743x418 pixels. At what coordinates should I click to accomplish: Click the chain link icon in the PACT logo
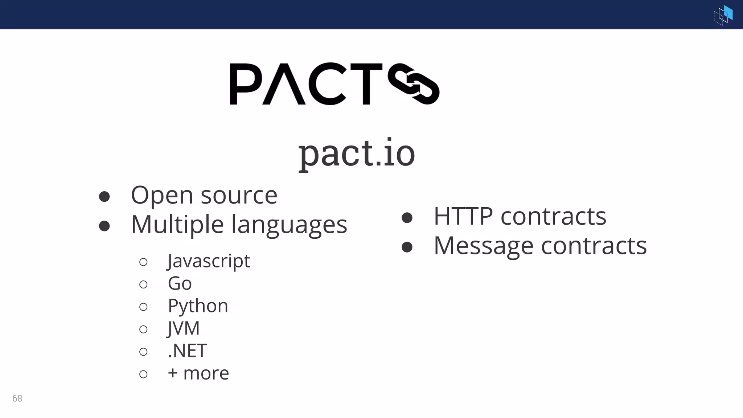click(414, 84)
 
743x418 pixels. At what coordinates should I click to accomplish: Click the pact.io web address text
click(357, 153)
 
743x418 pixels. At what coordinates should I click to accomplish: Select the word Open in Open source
click(162, 196)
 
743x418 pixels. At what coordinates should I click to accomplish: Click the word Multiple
click(177, 225)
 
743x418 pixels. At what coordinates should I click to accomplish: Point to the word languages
click(289, 225)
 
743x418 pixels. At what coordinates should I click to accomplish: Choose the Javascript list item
click(209, 261)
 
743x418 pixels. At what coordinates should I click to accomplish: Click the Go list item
click(180, 283)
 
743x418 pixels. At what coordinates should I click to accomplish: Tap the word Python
click(198, 306)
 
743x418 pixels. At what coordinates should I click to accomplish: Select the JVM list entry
click(184, 328)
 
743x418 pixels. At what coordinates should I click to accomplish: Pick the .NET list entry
click(187, 351)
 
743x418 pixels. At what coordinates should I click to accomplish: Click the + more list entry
click(198, 373)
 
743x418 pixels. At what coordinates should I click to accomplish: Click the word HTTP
click(463, 216)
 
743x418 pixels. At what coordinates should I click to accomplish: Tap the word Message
click(483, 246)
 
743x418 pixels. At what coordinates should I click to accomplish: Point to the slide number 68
click(17, 398)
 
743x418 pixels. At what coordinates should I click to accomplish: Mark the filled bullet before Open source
click(104, 196)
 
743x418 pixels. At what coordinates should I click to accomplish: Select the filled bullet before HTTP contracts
click(407, 217)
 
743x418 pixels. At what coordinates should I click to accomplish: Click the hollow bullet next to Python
click(143, 307)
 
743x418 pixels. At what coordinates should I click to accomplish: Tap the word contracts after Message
click(594, 246)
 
